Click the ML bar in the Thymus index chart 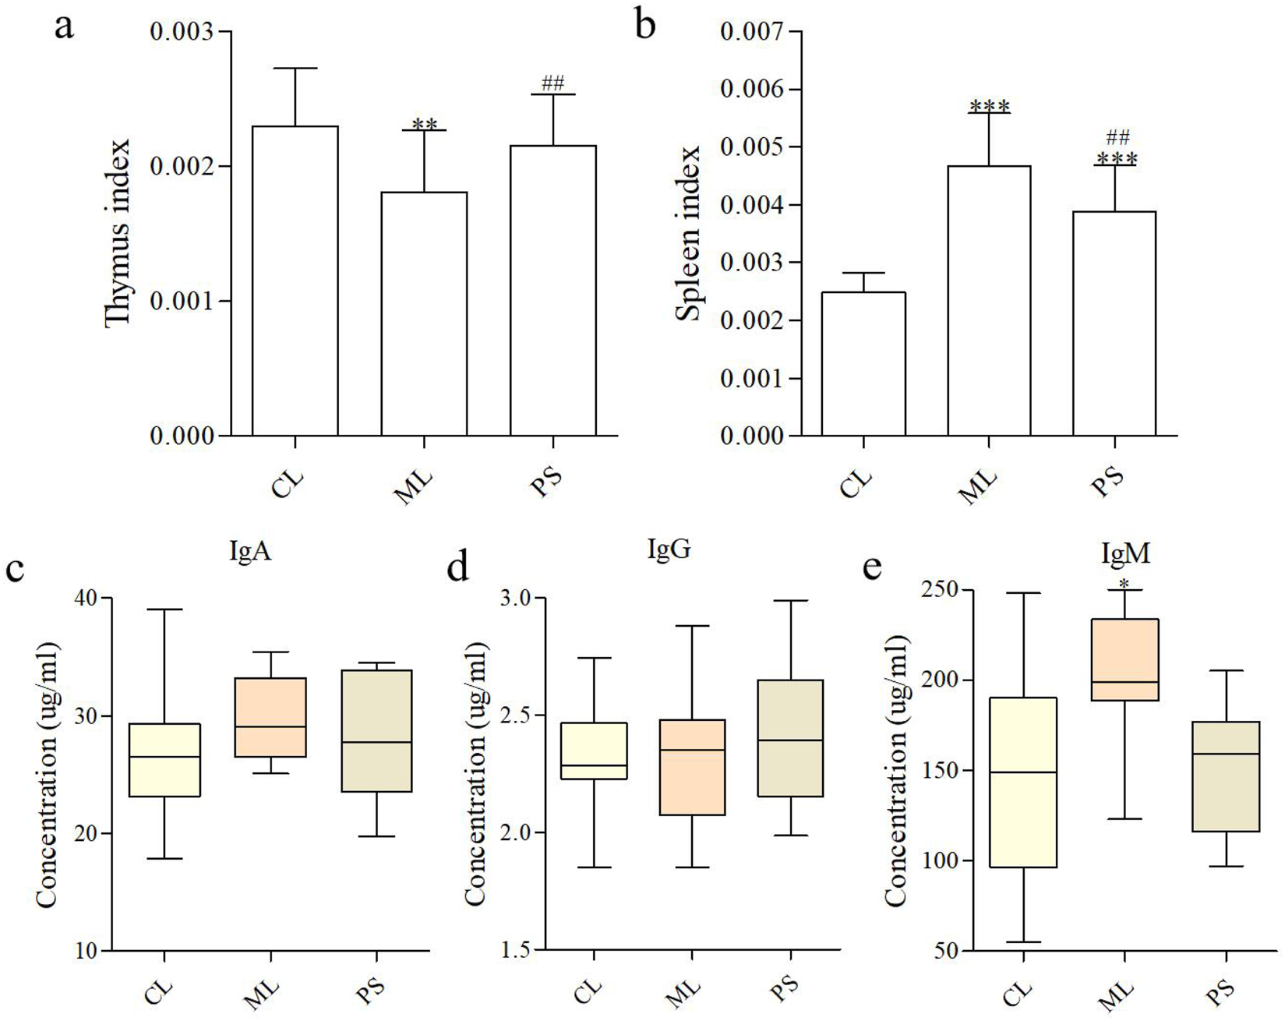click(424, 313)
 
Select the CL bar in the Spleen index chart click(863, 363)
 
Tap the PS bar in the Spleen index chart click(1114, 323)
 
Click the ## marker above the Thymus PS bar click(552, 83)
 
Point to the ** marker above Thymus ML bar click(425, 123)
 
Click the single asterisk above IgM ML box click(1123, 583)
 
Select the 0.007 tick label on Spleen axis click(751, 32)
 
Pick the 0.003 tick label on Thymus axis click(181, 32)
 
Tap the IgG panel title click(669, 549)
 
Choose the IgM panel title click(1125, 553)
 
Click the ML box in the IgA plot click(271, 717)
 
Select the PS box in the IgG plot click(791, 738)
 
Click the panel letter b click(645, 25)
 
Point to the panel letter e click(872, 567)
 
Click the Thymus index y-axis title click(118, 234)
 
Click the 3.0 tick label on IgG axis click(514, 599)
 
